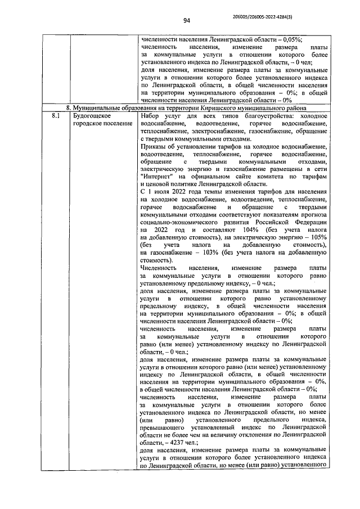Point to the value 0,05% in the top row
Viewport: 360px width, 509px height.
pyautogui.click(x=290, y=39)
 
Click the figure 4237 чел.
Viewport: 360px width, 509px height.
pyautogui.click(x=168, y=442)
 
